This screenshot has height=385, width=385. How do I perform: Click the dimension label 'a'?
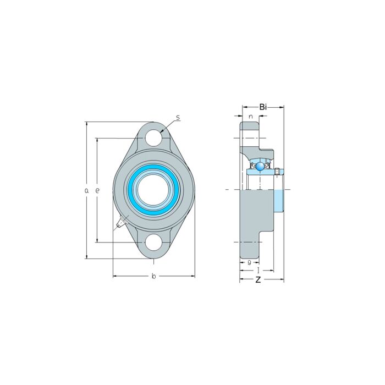[86, 190]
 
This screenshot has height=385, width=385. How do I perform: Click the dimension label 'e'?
[97, 190]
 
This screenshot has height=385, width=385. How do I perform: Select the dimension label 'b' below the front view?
[153, 276]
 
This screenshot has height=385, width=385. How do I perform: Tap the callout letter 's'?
[178, 118]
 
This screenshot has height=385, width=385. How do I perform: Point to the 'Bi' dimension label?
[263, 107]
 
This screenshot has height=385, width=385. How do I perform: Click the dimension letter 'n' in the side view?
[250, 117]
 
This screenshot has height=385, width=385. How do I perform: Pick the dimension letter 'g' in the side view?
[249, 262]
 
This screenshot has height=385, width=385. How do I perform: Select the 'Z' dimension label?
[258, 280]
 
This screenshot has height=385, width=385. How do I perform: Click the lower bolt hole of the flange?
[154, 241]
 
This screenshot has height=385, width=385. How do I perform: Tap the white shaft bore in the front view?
[153, 190]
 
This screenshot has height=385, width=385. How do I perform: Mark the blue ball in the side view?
[259, 165]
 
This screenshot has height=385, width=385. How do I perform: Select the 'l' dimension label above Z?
[258, 271]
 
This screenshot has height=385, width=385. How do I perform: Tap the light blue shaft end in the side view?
[279, 201]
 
